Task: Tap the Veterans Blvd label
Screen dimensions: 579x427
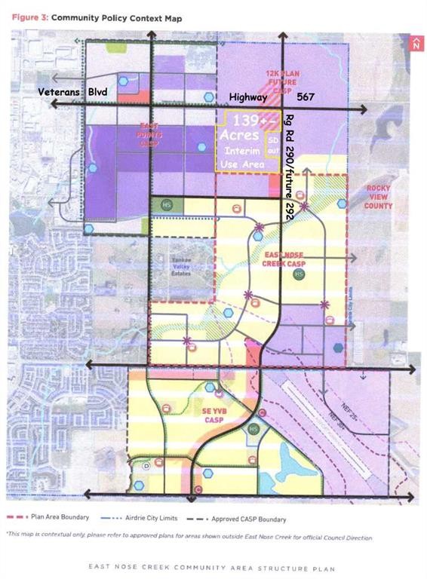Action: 73,91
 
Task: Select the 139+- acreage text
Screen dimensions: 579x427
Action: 247,121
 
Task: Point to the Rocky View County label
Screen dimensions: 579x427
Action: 379,197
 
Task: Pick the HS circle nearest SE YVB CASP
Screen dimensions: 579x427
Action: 253,428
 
